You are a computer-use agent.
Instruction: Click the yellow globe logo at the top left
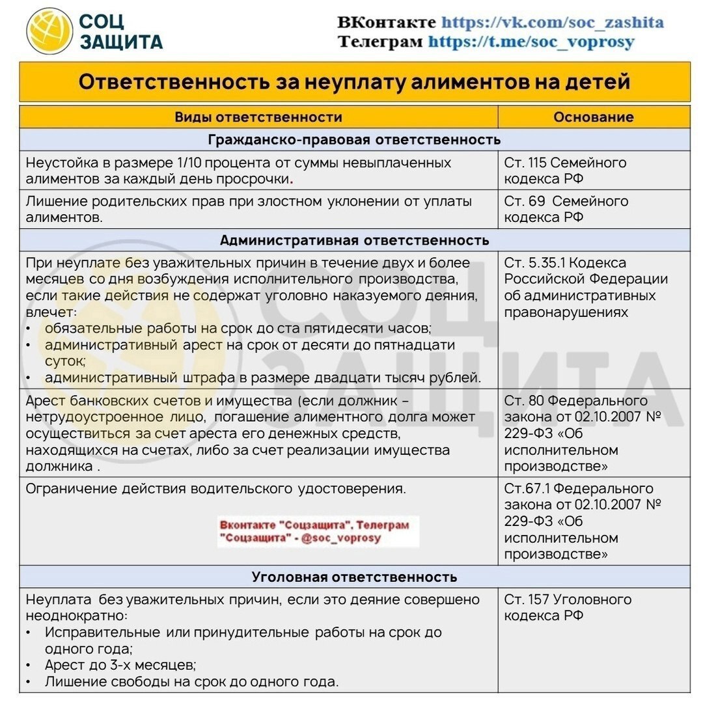pos(49,31)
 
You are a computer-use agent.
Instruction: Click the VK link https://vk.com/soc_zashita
pos(552,22)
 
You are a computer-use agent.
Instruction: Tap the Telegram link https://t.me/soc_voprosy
pos(531,42)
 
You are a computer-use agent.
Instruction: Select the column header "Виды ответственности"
pos(258,117)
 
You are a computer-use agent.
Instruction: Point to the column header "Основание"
pos(593,117)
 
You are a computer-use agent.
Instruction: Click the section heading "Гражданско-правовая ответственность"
pos(354,139)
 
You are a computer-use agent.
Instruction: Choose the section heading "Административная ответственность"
pos(354,240)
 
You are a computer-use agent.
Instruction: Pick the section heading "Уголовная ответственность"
pos(354,577)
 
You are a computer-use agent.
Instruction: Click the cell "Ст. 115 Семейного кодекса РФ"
pos(565,171)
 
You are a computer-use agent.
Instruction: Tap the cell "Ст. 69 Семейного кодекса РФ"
pos(566,209)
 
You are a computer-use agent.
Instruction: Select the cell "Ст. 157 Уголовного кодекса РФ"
pos(567,607)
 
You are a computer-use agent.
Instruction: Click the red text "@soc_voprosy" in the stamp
pos(341,538)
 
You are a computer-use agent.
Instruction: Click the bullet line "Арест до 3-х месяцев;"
pos(120,665)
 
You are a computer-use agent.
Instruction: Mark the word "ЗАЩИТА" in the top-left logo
pos(120,42)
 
